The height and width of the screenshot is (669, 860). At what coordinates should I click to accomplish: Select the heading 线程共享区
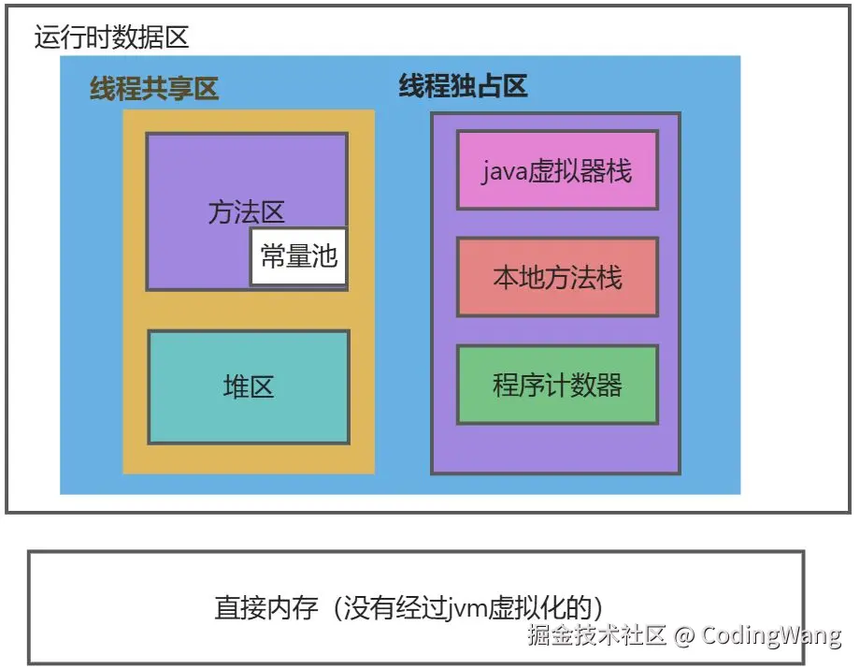pyautogui.click(x=154, y=89)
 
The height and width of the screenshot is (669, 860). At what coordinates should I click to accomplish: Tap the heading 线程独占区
pyautogui.click(x=464, y=87)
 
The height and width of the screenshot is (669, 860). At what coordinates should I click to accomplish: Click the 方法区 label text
pyautogui.click(x=234, y=212)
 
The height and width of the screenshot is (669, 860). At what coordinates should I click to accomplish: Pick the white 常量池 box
pyautogui.click(x=299, y=256)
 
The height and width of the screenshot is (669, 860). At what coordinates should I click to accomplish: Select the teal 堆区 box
pyautogui.click(x=249, y=386)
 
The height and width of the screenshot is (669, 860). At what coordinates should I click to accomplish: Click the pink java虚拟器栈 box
pyautogui.click(x=557, y=169)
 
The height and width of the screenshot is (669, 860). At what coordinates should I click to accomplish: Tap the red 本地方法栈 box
pyautogui.click(x=557, y=277)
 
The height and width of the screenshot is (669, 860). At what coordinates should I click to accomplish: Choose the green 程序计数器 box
pyautogui.click(x=557, y=385)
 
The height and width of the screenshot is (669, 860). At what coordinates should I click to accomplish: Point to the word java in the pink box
pyautogui.click(x=506, y=171)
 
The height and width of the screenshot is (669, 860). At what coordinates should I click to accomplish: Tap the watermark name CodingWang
pyautogui.click(x=771, y=636)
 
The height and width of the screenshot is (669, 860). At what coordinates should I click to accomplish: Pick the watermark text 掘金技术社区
pyautogui.click(x=596, y=636)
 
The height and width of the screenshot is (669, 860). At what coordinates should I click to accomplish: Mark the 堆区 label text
pyautogui.click(x=249, y=386)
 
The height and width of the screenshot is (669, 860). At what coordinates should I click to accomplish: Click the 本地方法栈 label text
pyautogui.click(x=557, y=277)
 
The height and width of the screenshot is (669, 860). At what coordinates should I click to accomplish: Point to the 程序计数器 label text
pyautogui.click(x=557, y=385)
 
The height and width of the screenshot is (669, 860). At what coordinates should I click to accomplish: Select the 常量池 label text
pyautogui.click(x=299, y=256)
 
